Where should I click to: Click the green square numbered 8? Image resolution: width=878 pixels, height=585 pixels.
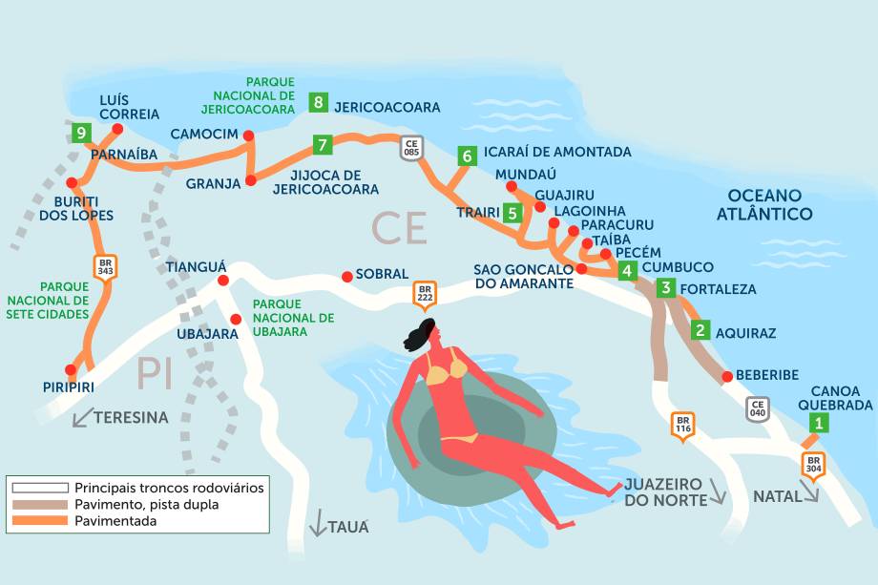319,102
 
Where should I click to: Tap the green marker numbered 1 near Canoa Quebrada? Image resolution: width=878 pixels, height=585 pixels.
818,425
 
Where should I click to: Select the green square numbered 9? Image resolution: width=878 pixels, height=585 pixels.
83,133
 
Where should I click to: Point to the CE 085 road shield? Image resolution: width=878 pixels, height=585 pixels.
411,148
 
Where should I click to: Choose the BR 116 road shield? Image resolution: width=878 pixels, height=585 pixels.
682,424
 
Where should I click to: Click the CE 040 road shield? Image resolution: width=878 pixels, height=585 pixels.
758,408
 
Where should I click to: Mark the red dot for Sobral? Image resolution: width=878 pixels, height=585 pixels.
347,278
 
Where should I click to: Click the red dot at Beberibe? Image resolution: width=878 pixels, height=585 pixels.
727,376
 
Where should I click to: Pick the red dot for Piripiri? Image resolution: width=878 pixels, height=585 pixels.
70,370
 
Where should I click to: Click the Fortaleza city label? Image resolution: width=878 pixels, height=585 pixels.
719,288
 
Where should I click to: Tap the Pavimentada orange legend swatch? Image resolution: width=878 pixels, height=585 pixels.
39,521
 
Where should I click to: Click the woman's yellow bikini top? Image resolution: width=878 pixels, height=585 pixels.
447,369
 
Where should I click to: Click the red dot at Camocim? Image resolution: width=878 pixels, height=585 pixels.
249,136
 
